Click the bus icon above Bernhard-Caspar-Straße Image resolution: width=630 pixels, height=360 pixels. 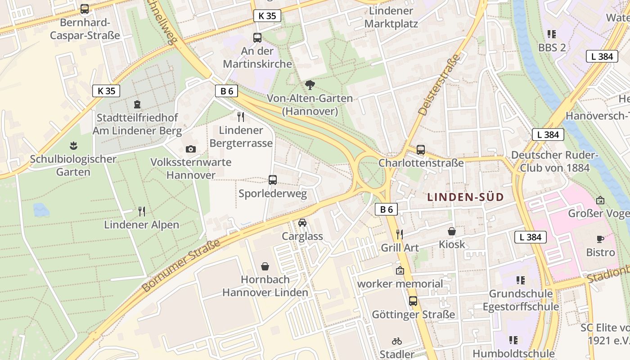84,9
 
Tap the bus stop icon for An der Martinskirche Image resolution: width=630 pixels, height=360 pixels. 257,38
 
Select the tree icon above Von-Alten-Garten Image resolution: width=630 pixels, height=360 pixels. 310,85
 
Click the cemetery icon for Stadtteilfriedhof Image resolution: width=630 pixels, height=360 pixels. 137,104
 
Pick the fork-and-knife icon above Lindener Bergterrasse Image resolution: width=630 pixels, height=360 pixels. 241,117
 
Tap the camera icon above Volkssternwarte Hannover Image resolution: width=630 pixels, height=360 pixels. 191,149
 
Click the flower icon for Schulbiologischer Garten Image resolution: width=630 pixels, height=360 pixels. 73,146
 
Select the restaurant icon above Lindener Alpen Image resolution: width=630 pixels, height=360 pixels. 142,211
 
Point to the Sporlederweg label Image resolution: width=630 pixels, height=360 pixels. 273,194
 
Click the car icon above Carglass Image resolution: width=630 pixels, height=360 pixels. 302,223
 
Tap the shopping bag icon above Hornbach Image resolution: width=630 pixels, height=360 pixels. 265,266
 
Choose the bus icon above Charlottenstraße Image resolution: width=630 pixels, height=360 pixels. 421,150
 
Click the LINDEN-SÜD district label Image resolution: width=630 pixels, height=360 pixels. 465,197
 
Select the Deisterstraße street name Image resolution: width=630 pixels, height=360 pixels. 439,85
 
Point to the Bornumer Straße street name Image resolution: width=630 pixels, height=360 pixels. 181,265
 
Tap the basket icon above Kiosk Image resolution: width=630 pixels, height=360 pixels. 452,231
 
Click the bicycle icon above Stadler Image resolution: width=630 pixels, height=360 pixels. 396,341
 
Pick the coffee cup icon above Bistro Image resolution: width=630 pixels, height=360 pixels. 600,239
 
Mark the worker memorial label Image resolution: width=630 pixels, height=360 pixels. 400,284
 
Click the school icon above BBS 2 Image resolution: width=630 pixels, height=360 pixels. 552,34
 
